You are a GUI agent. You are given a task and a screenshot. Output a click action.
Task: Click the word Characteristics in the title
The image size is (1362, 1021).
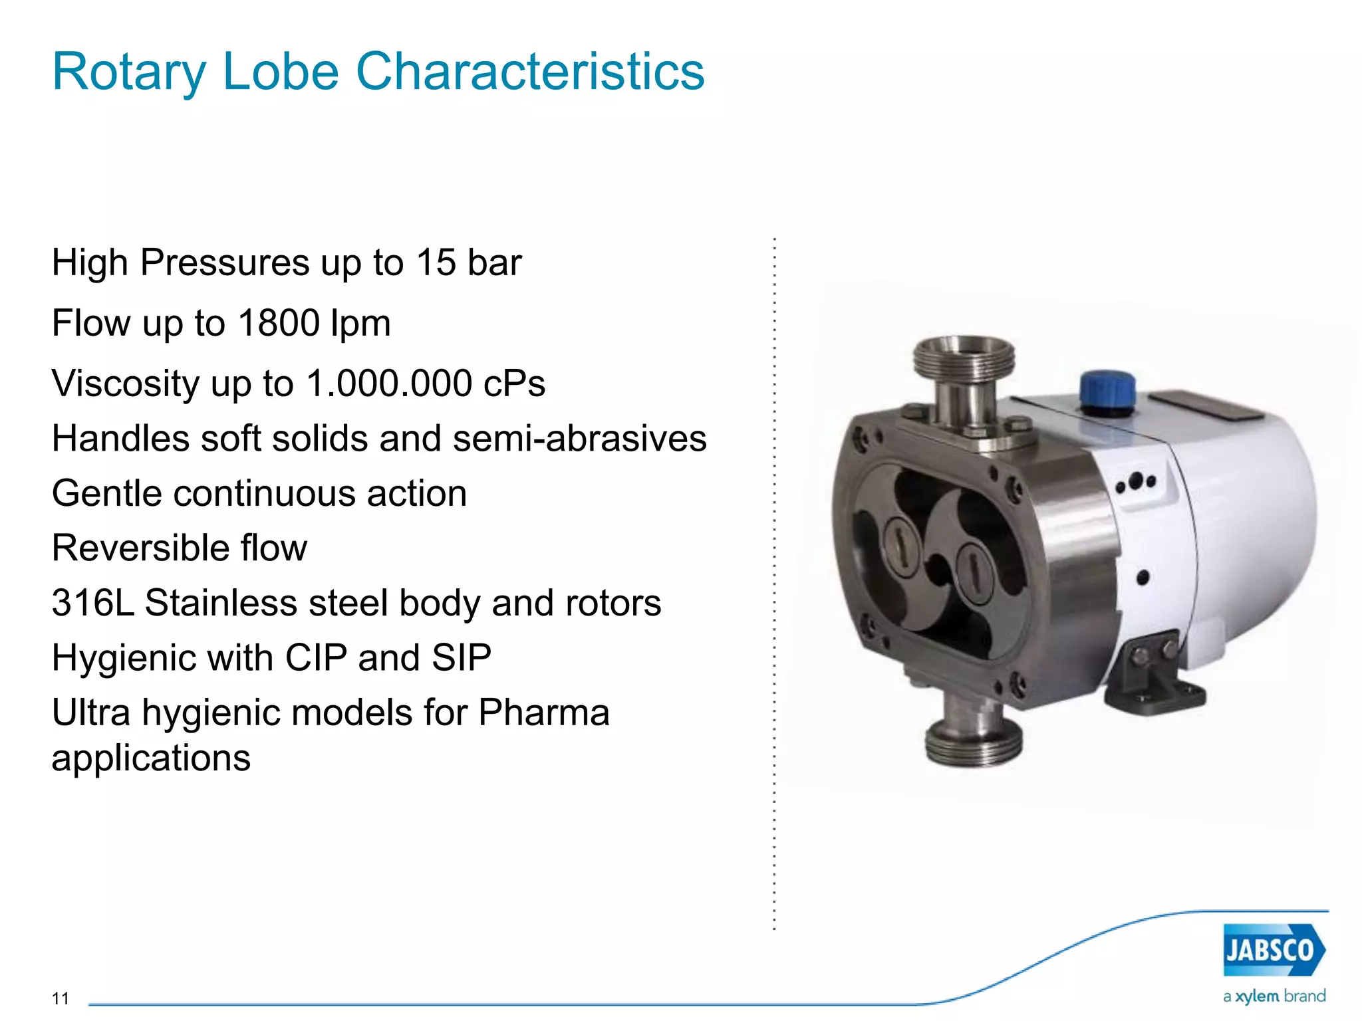click(x=530, y=71)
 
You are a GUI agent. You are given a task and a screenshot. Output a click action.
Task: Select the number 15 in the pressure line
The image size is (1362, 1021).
click(x=436, y=262)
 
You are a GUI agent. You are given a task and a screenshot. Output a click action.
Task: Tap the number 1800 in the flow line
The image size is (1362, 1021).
click(x=279, y=323)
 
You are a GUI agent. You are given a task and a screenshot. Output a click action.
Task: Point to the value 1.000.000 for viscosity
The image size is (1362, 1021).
click(x=388, y=384)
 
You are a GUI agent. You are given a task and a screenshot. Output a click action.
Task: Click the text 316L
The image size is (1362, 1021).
click(x=92, y=603)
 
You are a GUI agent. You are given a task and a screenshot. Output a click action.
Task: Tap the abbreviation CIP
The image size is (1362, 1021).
click(x=316, y=658)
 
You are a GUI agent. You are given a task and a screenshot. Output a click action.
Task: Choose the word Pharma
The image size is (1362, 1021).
click(x=543, y=713)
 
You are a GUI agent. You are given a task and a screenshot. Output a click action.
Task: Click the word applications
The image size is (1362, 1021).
click(x=151, y=758)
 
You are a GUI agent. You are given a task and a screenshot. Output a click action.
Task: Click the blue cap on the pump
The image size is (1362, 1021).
click(x=1107, y=391)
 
